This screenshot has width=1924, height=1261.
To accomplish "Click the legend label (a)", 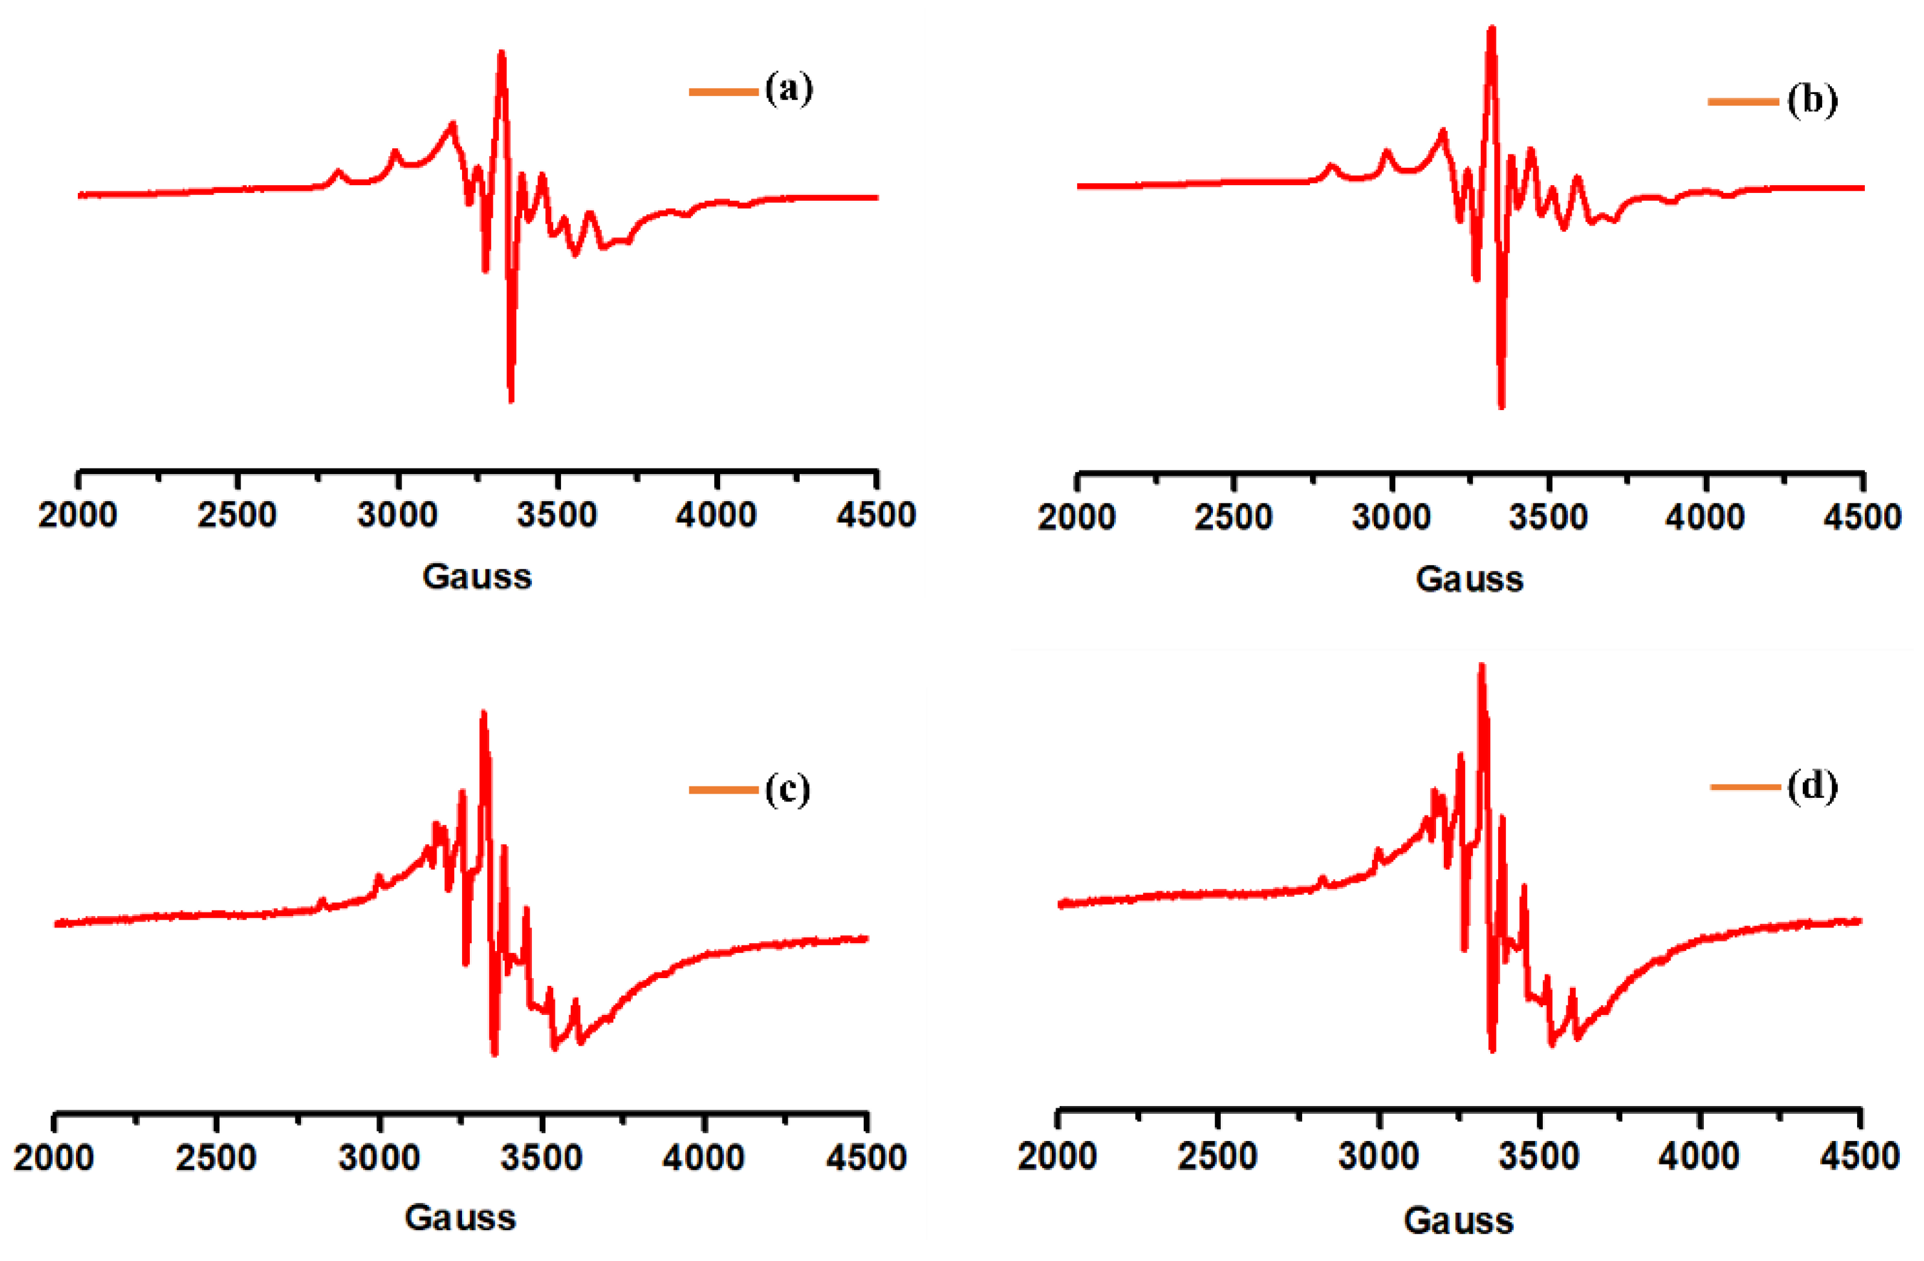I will click(x=788, y=88).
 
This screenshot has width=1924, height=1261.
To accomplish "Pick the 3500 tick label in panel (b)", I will click(x=1548, y=517).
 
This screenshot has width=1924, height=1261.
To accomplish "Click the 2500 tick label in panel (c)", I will click(x=216, y=1157).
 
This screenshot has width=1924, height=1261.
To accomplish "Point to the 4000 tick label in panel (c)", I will click(x=703, y=1157).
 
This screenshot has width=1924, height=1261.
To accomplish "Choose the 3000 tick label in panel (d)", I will click(x=1378, y=1156).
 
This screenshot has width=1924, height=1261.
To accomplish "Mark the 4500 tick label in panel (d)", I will click(x=1859, y=1156).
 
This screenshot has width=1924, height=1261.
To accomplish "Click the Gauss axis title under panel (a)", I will click(x=477, y=577).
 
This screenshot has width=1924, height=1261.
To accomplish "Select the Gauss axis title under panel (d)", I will click(x=1458, y=1221).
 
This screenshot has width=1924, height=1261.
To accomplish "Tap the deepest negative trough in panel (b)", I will click(x=1501, y=405).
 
